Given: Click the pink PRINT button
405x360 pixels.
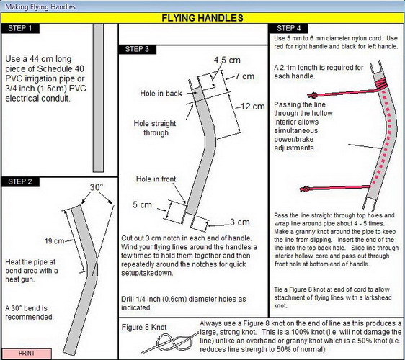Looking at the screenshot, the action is click(27, 353).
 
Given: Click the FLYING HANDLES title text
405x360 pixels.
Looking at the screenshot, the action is click(202, 18).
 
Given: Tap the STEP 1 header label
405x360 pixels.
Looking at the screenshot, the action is click(20, 28).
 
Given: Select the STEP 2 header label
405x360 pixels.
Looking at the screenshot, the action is click(20, 181).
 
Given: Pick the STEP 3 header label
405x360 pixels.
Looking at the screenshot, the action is click(137, 49).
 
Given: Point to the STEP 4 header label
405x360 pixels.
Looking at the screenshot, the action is click(289, 28).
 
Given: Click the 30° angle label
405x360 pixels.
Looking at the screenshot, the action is click(97, 187).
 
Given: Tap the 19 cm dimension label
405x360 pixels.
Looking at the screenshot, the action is click(54, 241).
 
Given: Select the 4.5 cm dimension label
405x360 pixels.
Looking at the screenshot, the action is click(227, 60).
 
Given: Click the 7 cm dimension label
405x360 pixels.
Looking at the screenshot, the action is click(245, 76).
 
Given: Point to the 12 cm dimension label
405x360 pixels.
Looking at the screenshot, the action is click(253, 107).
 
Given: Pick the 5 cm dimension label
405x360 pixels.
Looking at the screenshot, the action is click(142, 205).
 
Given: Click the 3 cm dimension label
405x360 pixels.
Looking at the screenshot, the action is click(240, 222).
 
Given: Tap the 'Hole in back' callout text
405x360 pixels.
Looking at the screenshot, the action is click(161, 93).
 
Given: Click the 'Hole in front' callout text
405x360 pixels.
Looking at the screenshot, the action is click(156, 179).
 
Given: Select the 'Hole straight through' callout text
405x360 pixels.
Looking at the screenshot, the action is click(155, 128).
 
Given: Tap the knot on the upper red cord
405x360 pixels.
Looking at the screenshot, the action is click(313, 96).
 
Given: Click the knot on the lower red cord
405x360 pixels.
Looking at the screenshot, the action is click(306, 189).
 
